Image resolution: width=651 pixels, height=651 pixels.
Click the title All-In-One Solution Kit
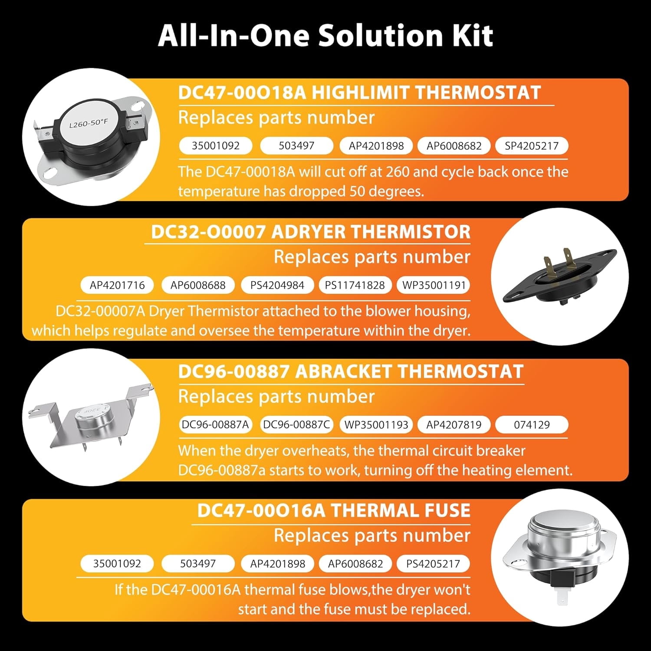[325, 36]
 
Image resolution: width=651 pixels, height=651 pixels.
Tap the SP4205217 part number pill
[532, 146]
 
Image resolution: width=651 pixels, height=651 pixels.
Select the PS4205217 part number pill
[433, 564]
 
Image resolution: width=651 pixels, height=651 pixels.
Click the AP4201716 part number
[117, 285]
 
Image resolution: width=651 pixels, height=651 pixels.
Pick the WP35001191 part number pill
[434, 285]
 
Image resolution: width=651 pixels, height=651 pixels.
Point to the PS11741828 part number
[355, 285]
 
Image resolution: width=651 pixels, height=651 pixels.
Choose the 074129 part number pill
[532, 424]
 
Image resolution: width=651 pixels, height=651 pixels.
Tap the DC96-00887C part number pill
[296, 424]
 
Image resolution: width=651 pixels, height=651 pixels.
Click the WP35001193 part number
[376, 424]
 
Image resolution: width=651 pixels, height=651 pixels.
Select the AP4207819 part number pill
[454, 424]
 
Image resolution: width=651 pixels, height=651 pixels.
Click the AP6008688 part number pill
[198, 285]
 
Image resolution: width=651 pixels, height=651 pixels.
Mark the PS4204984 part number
[277, 285]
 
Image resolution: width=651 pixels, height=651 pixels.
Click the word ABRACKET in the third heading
[344, 372]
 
